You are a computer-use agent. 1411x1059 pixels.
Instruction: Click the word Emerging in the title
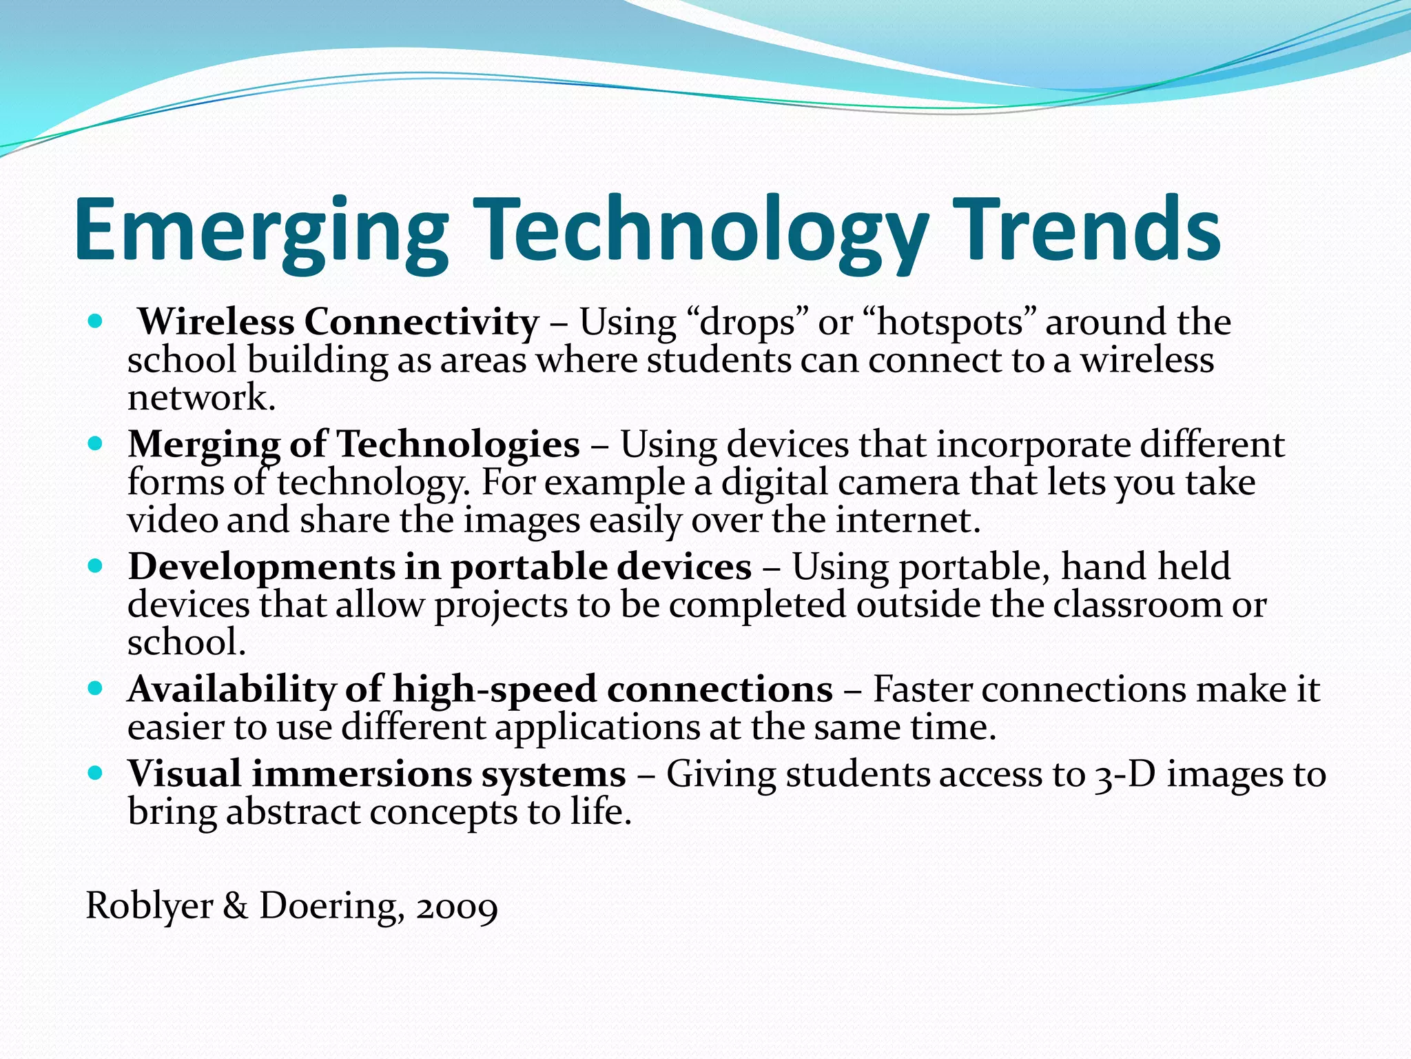pyautogui.click(x=262, y=231)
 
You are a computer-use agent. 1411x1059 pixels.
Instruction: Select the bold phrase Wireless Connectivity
pyautogui.click(x=338, y=323)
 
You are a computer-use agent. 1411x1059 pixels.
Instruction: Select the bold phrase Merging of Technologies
pyautogui.click(x=353, y=444)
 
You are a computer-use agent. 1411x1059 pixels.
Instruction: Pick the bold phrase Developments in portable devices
pyautogui.click(x=440, y=567)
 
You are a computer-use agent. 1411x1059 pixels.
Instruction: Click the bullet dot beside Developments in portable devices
pyautogui.click(x=96, y=566)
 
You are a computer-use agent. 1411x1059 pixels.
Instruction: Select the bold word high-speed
pyautogui.click(x=494, y=689)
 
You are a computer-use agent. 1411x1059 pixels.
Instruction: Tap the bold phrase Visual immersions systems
pyautogui.click(x=376, y=774)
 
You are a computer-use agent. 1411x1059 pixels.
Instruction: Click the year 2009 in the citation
pyautogui.click(x=457, y=907)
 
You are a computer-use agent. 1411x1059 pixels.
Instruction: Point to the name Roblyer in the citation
pyautogui.click(x=149, y=907)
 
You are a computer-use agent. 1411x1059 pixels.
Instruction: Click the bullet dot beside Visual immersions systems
pyautogui.click(x=96, y=772)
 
